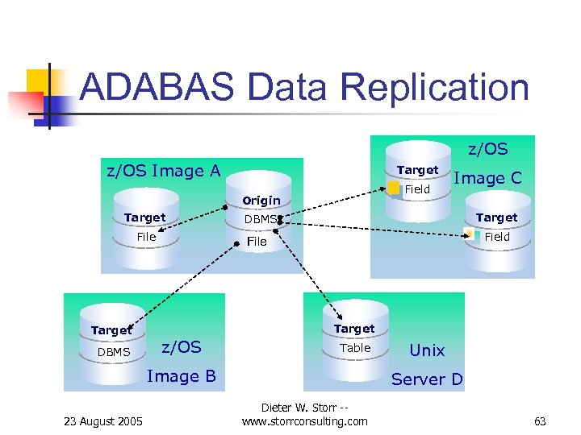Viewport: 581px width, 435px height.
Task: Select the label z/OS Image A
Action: click(164, 170)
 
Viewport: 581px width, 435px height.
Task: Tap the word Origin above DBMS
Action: click(261, 200)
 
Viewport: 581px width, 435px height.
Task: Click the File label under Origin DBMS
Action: click(257, 241)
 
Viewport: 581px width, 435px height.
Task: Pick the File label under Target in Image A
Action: click(146, 237)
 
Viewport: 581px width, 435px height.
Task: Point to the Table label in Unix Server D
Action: click(355, 348)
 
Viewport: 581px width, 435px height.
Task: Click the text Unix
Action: click(427, 350)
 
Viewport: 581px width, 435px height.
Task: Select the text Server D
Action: click(427, 379)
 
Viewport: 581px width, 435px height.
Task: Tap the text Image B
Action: click(182, 376)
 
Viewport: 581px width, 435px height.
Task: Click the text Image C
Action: click(487, 178)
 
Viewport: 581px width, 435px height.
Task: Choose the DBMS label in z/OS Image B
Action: click(113, 352)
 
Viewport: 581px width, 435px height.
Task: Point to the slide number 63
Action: click(540, 420)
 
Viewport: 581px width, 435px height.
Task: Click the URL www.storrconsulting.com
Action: click(304, 421)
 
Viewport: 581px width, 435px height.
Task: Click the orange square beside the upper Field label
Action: click(394, 188)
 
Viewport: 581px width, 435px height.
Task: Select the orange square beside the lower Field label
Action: click(470, 234)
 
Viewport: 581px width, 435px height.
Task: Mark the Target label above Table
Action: click(354, 329)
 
